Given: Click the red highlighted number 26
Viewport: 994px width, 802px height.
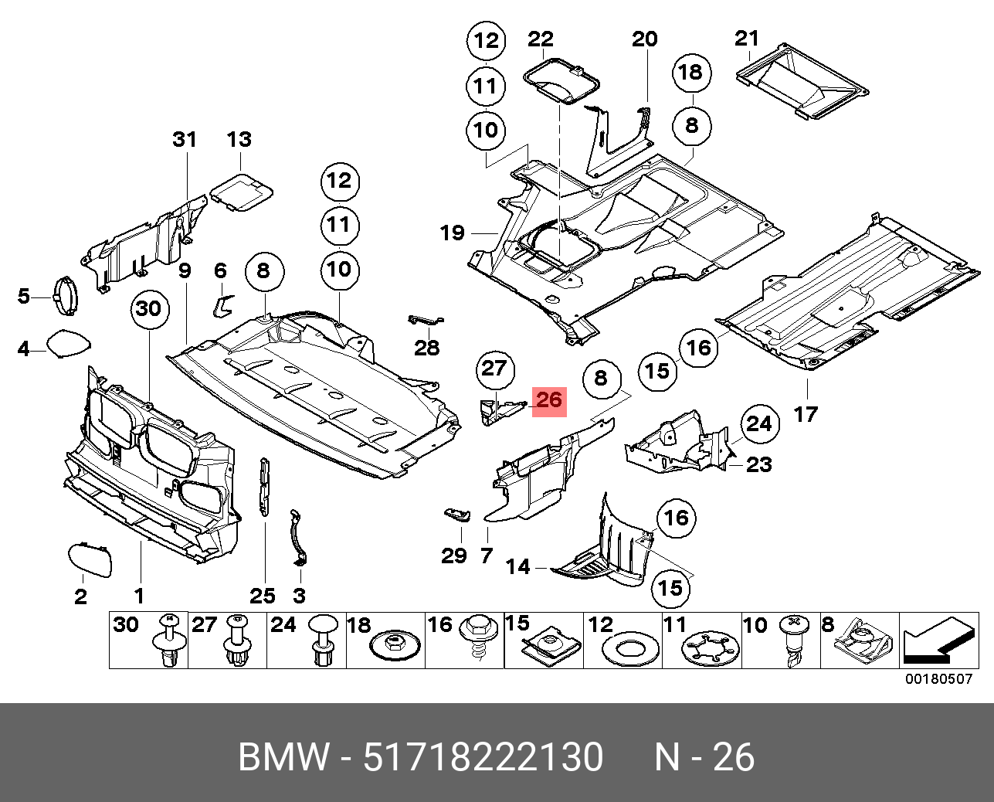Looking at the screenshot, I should click(x=548, y=400).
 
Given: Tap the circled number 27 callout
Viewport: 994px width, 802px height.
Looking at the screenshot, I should click(x=494, y=368).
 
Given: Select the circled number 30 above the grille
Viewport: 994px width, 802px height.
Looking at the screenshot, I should click(x=148, y=309).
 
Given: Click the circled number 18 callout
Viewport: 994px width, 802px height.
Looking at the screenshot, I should click(x=690, y=73).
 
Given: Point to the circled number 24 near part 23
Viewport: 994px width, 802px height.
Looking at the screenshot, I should click(x=758, y=423).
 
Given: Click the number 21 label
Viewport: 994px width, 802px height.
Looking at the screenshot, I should click(x=747, y=38).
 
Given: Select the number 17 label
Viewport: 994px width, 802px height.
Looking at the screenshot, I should click(x=805, y=415).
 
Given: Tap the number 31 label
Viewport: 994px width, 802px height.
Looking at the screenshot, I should click(x=185, y=140).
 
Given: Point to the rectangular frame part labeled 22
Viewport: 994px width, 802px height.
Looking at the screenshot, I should click(x=561, y=80).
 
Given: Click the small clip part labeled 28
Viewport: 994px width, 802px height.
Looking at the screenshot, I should click(x=424, y=320).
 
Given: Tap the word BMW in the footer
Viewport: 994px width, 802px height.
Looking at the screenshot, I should click(x=284, y=757).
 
